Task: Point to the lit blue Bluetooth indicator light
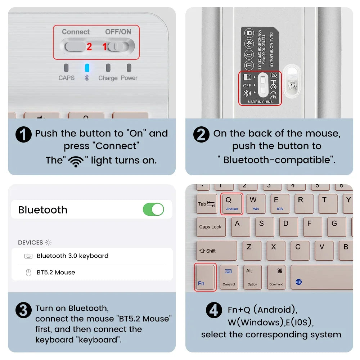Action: tap(87, 68)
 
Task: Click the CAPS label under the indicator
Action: tap(67, 78)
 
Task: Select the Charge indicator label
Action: tap(108, 78)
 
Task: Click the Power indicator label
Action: tap(129, 78)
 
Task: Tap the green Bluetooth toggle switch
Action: tap(153, 210)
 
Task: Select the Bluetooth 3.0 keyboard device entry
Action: tap(72, 256)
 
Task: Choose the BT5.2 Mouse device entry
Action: tap(56, 273)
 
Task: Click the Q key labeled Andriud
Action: tap(231, 204)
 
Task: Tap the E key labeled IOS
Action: tap(279, 204)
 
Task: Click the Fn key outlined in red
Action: tap(205, 277)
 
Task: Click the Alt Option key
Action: tap(252, 276)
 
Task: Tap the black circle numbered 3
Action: tap(23, 310)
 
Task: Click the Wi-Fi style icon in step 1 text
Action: tap(76, 161)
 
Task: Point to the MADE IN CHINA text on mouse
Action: tap(260, 102)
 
